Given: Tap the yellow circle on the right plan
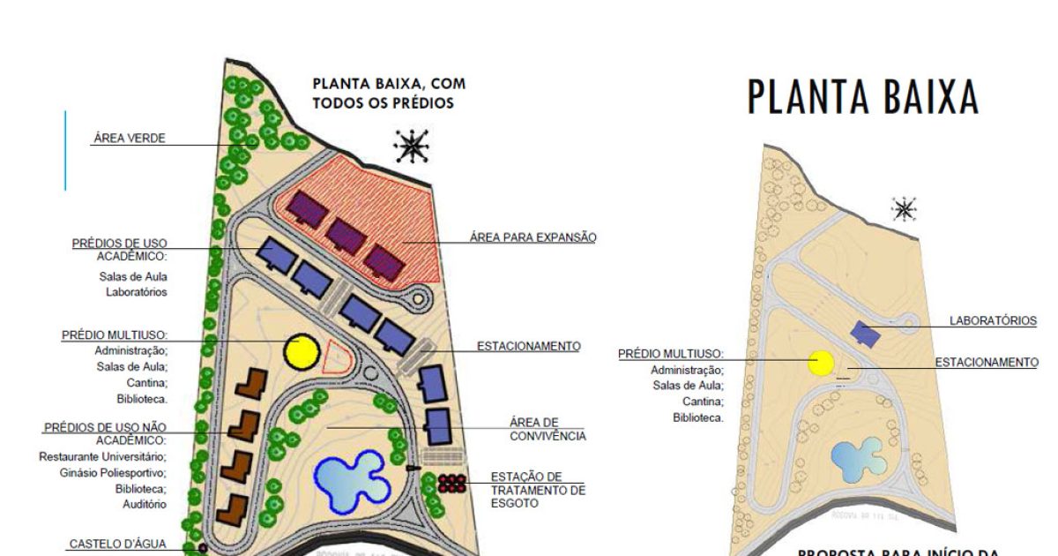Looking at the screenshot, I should click(822, 363).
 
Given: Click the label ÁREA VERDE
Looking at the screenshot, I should click(130, 139).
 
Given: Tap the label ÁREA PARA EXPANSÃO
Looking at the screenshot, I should click(533, 237).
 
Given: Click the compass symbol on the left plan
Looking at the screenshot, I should click(411, 147).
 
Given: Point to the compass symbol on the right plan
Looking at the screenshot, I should click(904, 209).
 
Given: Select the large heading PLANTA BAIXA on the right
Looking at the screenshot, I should click(863, 97).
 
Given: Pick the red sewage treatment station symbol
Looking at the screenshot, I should click(451, 483).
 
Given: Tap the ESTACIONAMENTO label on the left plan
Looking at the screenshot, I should click(528, 346).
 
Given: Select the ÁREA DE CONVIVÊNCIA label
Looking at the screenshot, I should click(547, 429).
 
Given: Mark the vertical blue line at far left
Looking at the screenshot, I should click(65, 150).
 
